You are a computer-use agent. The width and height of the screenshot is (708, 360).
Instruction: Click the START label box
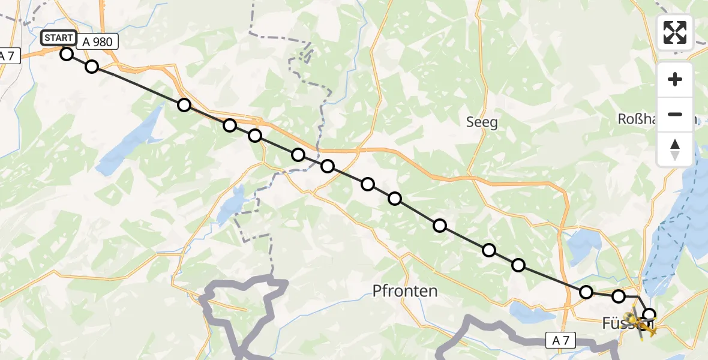click(x=59, y=38)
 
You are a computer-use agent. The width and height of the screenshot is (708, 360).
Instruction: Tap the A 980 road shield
click(x=97, y=41)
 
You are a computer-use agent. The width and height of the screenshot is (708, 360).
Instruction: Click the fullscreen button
click(x=675, y=32)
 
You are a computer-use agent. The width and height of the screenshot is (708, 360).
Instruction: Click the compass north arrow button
click(x=675, y=149)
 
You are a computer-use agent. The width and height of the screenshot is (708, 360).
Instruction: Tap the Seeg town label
click(x=482, y=122)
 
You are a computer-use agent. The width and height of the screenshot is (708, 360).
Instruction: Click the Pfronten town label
click(x=405, y=292)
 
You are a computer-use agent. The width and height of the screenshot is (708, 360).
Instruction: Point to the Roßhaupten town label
click(x=657, y=119)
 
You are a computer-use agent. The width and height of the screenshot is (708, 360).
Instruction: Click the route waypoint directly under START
click(x=67, y=54)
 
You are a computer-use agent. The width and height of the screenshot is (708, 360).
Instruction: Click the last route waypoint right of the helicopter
click(x=649, y=314)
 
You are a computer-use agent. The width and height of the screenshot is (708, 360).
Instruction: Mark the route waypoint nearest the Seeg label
click(x=440, y=226)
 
